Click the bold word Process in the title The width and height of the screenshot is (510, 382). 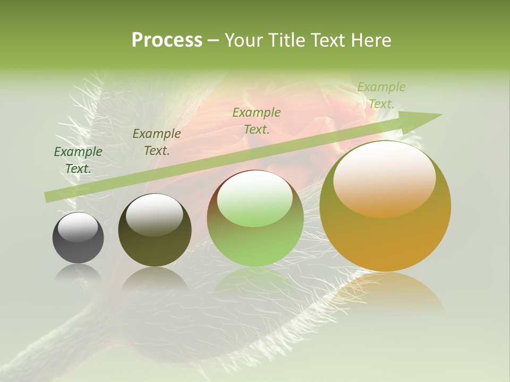coord(167,40)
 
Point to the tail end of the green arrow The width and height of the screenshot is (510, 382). coord(49,197)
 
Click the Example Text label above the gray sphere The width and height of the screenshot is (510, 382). coord(78,160)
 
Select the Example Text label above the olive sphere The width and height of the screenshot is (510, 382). coord(157,142)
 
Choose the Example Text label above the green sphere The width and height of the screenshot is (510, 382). coord(257,120)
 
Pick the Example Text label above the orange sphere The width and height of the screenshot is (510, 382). coord(381,95)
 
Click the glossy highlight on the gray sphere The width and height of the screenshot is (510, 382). coord(78,227)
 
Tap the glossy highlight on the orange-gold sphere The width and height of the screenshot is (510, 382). coord(384,178)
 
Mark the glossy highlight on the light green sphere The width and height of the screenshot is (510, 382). coord(255,199)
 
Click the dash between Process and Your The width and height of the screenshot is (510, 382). coord(214,40)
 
